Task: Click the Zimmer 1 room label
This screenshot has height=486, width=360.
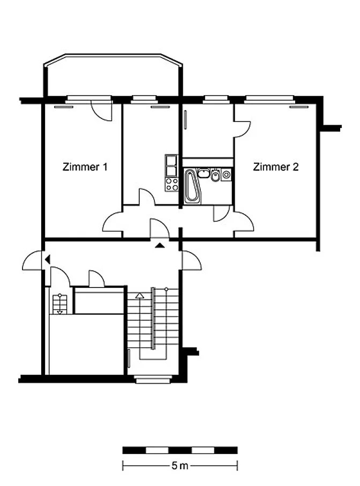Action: coord(85,167)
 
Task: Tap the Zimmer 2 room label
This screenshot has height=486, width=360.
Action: coord(275,167)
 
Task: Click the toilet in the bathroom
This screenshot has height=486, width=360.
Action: coord(215,176)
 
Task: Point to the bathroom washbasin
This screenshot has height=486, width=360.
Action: coord(203,173)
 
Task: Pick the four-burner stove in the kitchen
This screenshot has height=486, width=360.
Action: coord(172,184)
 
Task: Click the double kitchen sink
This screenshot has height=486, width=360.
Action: coord(171,166)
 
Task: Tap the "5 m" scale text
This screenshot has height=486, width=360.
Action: coord(179,466)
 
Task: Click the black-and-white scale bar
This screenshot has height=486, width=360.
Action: coord(180,450)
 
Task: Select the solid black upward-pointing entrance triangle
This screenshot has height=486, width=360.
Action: coord(160,246)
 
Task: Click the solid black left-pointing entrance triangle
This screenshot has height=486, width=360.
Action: coord(48,259)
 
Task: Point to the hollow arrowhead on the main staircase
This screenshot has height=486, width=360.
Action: coord(140,295)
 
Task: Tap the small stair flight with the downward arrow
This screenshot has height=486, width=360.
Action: coord(60,304)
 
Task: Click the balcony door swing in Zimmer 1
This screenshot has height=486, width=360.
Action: coord(102,111)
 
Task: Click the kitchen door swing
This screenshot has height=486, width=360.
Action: coord(147,196)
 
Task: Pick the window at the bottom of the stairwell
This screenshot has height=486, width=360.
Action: coord(153,379)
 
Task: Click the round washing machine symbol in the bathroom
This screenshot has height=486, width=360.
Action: coord(227,175)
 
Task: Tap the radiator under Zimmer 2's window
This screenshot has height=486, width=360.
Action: coord(299,107)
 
